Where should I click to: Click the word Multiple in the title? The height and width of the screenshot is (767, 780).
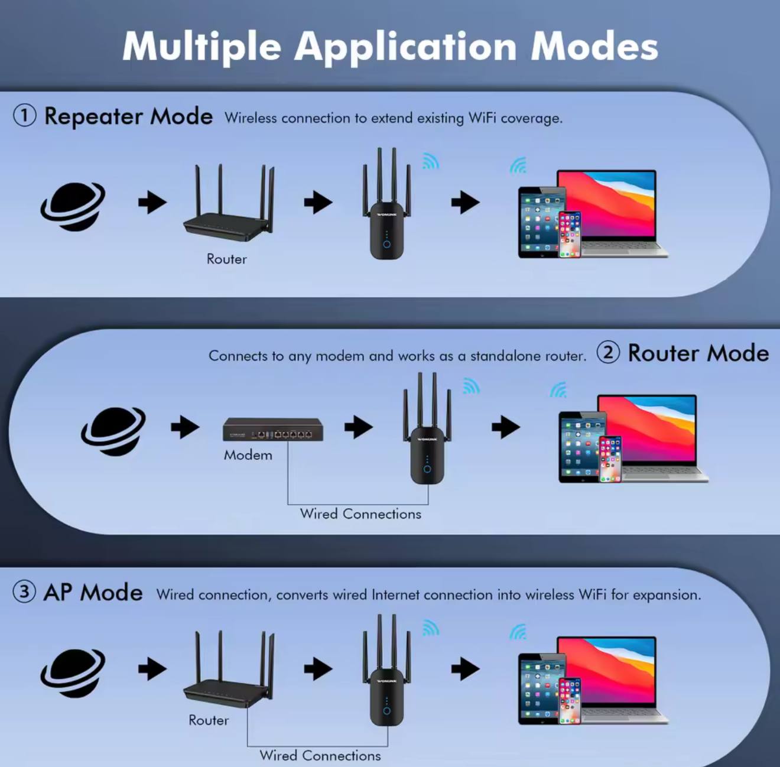pyautogui.click(x=201, y=47)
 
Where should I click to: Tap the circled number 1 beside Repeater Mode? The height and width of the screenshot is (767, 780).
pyautogui.click(x=25, y=116)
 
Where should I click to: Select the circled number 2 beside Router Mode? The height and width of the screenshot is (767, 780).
pyautogui.click(x=609, y=353)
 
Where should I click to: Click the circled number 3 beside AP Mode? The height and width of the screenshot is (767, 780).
pyautogui.click(x=24, y=592)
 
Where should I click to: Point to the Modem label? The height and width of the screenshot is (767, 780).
pyautogui.click(x=248, y=455)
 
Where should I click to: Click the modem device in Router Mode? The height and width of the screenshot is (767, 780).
pyautogui.click(x=273, y=429)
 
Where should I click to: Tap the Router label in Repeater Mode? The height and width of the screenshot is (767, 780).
pyautogui.click(x=227, y=259)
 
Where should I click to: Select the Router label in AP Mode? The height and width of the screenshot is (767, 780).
pyautogui.click(x=209, y=720)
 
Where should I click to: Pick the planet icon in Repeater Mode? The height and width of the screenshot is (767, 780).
pyautogui.click(x=73, y=207)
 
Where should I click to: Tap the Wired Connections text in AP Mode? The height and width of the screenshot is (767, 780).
pyautogui.click(x=320, y=756)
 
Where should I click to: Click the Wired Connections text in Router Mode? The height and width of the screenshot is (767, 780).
pyautogui.click(x=360, y=514)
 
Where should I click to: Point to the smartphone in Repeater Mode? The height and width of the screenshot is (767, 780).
pyautogui.click(x=570, y=235)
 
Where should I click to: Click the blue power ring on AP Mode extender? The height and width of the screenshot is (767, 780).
pyautogui.click(x=386, y=711)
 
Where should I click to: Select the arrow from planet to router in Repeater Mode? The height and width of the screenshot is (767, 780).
pyautogui.click(x=152, y=202)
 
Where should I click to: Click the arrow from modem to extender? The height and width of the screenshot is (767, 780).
pyautogui.click(x=359, y=427)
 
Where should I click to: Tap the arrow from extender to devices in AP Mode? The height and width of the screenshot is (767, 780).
pyautogui.click(x=466, y=668)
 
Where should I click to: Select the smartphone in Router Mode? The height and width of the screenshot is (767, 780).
pyautogui.click(x=610, y=459)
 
